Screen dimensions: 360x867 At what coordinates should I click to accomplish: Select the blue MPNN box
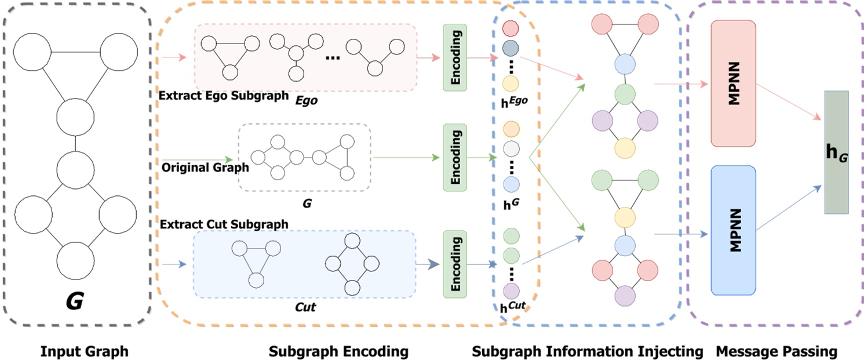pos(733,230)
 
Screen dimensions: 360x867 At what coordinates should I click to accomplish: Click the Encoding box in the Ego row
pos(455,57)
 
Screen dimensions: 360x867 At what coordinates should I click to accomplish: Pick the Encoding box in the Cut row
pos(455,262)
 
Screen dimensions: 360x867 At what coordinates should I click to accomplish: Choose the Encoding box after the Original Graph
pos(455,157)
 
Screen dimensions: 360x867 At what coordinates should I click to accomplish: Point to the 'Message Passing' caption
pos(777,351)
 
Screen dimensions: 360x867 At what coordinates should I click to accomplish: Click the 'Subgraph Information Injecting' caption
pos(587,351)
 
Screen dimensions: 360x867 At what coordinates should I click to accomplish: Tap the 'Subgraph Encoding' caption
pos(338,351)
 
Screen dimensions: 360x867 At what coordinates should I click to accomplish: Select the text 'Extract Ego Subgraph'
pos(224,96)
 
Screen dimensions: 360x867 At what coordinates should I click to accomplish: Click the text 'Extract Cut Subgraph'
pos(224,224)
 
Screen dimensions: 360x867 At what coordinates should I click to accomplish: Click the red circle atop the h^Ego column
pos(511,28)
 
